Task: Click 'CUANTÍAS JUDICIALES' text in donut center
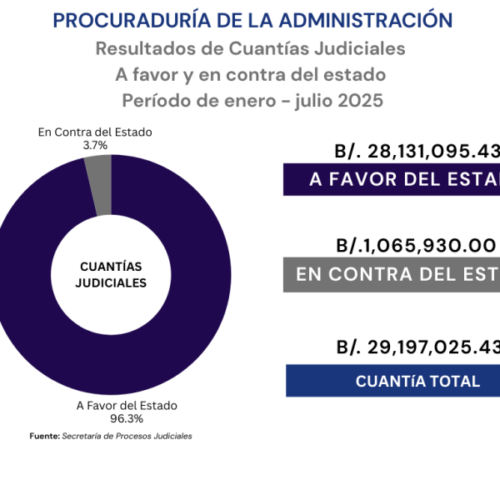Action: [x=111, y=275]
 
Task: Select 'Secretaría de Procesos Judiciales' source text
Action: [x=127, y=436]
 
